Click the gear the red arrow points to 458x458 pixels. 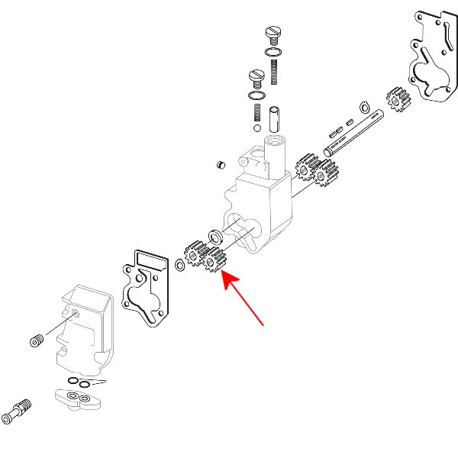(x=216, y=260)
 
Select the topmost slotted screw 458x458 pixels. (x=273, y=34)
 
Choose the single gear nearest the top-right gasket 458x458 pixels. (x=398, y=99)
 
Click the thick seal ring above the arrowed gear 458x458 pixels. (x=215, y=234)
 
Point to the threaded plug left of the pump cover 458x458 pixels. (x=36, y=340)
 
